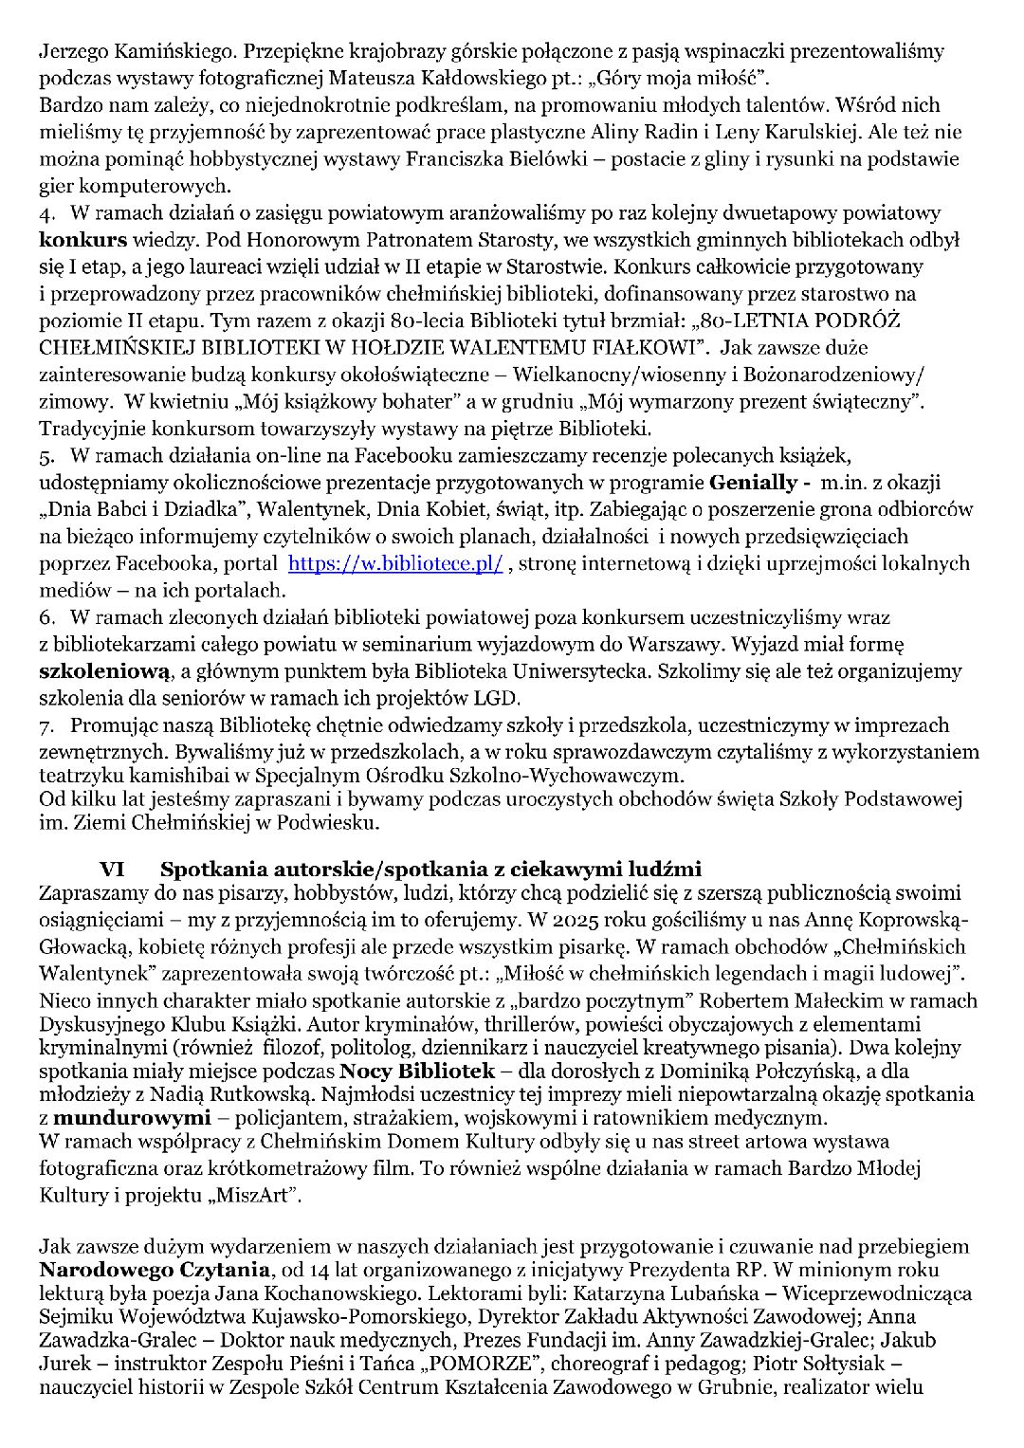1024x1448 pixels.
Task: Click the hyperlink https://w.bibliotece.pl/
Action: click(x=394, y=563)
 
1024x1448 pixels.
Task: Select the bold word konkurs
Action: click(x=82, y=240)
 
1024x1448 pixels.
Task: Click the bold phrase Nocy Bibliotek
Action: click(x=417, y=1072)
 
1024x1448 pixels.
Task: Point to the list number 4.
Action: click(x=46, y=213)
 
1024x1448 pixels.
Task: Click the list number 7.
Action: click(x=46, y=726)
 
